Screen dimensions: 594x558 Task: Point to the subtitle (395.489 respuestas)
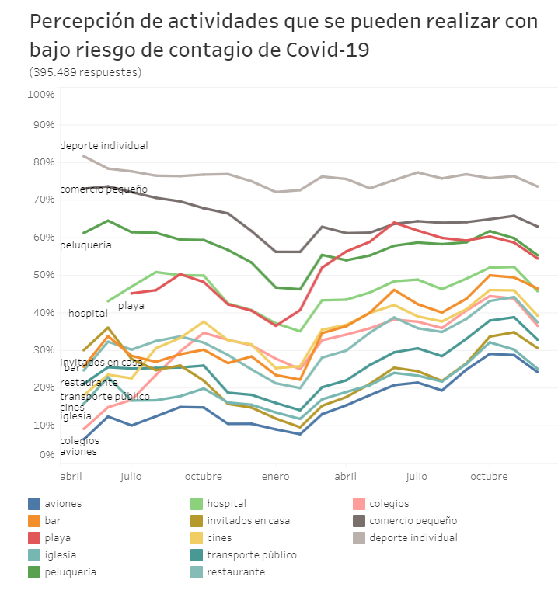click(x=85, y=72)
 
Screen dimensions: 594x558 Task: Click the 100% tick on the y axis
click(x=40, y=94)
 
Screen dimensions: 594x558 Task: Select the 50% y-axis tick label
click(x=42, y=275)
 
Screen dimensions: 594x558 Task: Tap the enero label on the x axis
click(x=275, y=475)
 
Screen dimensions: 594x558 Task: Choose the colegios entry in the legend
click(x=389, y=504)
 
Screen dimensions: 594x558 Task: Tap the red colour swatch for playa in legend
click(x=34, y=538)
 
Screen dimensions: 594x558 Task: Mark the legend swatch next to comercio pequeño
click(x=359, y=521)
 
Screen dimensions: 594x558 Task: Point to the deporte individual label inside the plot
click(x=103, y=146)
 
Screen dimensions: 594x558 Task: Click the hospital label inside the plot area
click(x=88, y=314)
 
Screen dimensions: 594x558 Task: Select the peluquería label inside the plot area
click(x=85, y=245)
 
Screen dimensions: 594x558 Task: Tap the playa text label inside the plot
click(x=131, y=305)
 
